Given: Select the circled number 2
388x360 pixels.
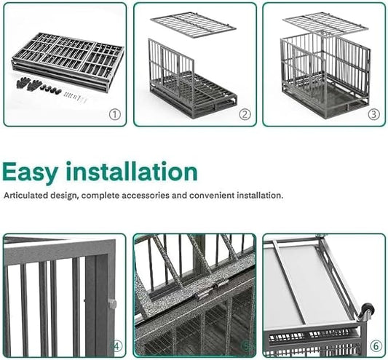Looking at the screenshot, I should click(245, 114).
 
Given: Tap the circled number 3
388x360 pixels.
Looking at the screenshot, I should click(374, 114).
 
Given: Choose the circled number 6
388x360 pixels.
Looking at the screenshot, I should click(376, 345).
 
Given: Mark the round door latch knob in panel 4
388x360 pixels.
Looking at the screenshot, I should click(112, 303).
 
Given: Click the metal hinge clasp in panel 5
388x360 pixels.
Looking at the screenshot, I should click(205, 292).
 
